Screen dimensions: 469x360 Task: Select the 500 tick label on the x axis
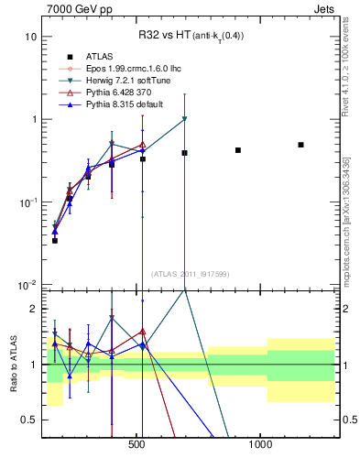(x=137, y=446)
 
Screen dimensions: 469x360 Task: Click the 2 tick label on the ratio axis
(x=33, y=309)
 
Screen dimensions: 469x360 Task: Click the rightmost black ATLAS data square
(x=300, y=145)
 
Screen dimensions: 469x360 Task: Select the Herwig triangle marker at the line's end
(x=185, y=119)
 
